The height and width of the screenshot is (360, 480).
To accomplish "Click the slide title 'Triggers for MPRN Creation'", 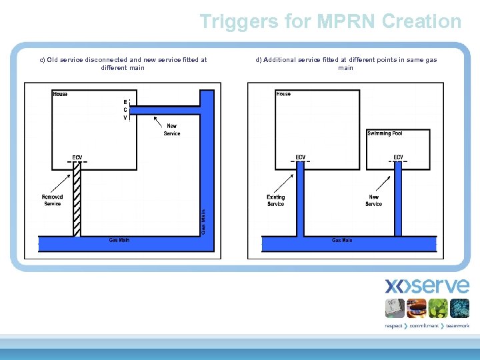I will (330, 21).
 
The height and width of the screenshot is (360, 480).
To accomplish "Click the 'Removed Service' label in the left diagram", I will (53, 200).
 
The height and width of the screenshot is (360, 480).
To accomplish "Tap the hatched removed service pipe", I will (77, 200).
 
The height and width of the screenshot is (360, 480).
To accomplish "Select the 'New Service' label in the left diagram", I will (172, 130).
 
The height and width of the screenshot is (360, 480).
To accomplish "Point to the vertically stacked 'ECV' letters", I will (125, 110).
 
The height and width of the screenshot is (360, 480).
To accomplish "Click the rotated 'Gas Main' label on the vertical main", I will (203, 221).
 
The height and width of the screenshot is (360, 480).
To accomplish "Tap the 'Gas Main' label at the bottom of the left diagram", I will (119, 240).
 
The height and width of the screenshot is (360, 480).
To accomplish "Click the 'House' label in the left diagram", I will (60, 94).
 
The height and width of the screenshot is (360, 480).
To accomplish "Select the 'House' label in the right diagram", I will (283, 94).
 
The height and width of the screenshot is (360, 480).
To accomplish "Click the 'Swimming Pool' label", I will (385, 133).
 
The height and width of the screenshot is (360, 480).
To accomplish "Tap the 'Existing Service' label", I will (275, 201).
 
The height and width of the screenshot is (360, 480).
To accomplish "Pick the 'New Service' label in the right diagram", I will (373, 201).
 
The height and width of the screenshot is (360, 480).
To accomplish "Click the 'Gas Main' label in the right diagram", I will (342, 240).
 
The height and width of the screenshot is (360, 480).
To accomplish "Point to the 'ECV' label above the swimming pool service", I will (398, 157).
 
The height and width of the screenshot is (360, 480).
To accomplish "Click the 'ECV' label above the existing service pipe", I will (301, 157).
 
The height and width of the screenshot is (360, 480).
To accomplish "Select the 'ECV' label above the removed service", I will (77, 157).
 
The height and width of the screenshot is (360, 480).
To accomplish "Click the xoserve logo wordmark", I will (427, 286).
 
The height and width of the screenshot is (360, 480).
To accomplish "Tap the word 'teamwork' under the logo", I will (458, 326).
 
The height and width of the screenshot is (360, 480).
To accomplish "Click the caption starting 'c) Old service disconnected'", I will (123, 63).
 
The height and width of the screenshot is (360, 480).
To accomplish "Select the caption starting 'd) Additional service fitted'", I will (346, 63).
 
